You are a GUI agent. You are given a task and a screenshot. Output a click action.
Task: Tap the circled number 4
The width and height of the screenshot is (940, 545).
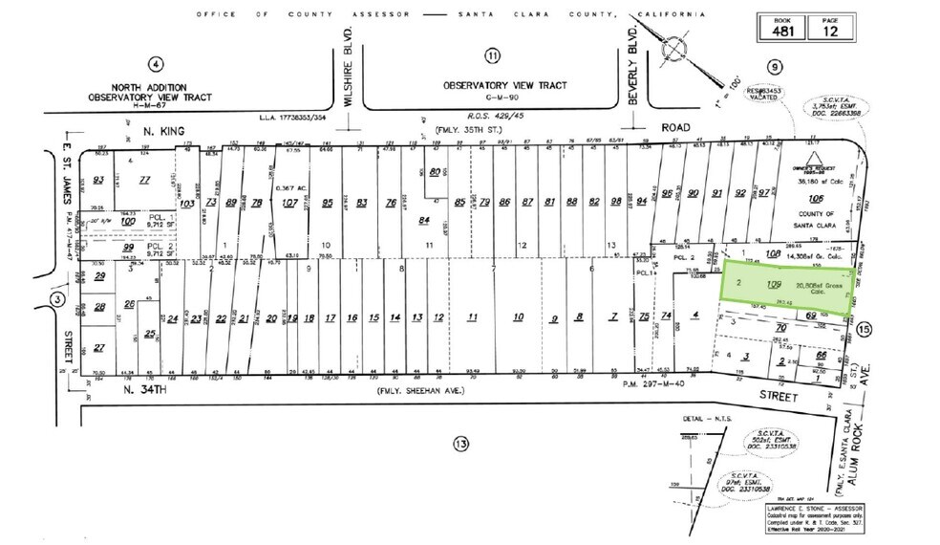(156, 64)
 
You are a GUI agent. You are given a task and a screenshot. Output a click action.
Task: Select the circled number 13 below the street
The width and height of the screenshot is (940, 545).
(461, 444)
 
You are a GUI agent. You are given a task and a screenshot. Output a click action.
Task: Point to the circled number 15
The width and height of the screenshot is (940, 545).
(865, 330)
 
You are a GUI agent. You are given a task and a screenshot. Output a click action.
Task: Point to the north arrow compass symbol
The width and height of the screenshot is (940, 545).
(677, 47)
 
